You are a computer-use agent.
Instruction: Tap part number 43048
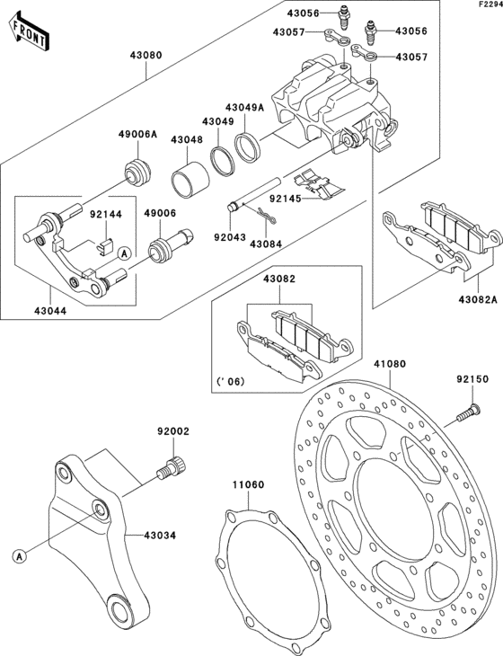click(189, 140)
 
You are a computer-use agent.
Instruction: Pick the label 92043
click(229, 240)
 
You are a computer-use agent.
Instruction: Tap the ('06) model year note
click(231, 380)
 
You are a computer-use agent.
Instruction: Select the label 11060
click(249, 485)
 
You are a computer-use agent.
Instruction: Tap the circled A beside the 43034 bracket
click(19, 556)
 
